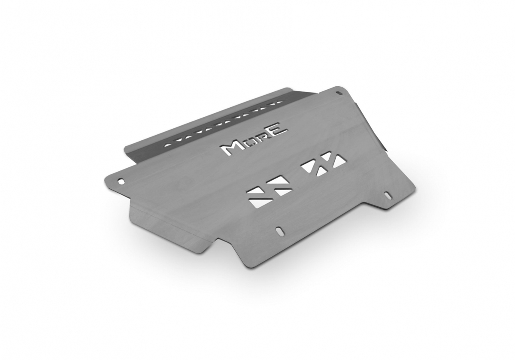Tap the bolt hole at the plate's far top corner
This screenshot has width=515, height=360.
tap(338, 93)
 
